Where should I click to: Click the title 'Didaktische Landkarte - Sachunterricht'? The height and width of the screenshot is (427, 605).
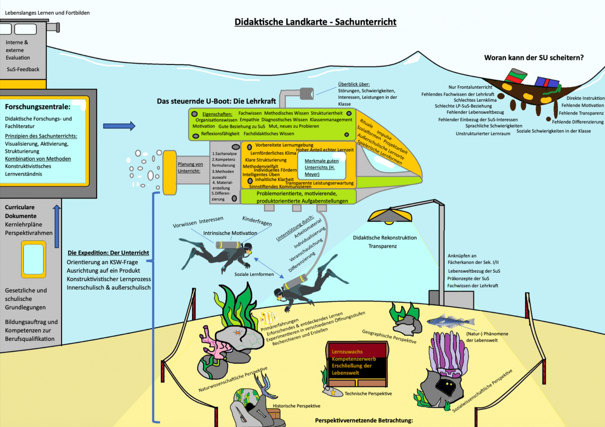click(x=316, y=22)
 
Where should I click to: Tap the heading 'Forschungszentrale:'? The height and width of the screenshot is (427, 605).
click(x=38, y=107)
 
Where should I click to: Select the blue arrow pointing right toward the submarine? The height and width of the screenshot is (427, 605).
click(x=119, y=126)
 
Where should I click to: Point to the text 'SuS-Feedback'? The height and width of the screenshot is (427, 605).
click(x=23, y=69)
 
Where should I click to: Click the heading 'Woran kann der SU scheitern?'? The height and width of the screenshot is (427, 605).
click(x=534, y=58)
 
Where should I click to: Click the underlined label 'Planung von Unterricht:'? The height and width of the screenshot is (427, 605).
click(x=190, y=167)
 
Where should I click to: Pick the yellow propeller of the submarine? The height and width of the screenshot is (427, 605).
click(x=168, y=172)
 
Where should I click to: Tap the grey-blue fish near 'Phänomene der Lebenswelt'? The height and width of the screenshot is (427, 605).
click(x=450, y=321)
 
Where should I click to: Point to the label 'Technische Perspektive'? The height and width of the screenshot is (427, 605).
click(x=368, y=393)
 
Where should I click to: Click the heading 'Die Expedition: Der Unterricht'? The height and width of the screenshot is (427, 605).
click(x=108, y=253)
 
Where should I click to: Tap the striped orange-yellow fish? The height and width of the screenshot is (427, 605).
click(x=267, y=317)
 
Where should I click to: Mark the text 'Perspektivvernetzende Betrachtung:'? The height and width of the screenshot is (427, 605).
click(x=364, y=420)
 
